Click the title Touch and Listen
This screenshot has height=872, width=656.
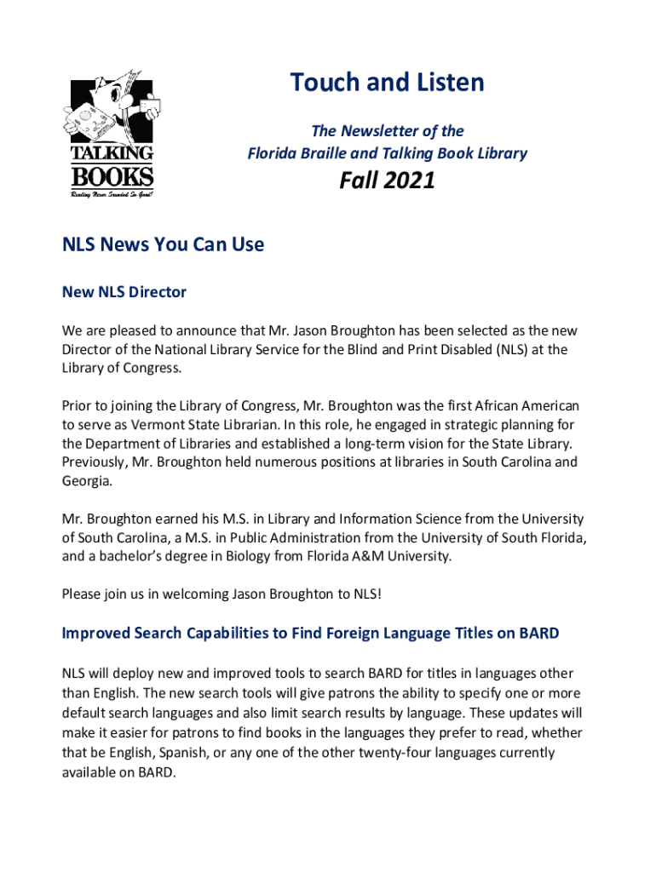click(x=387, y=83)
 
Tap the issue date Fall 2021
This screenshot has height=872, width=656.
click(x=387, y=181)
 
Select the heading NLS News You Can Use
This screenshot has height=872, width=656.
click(x=163, y=244)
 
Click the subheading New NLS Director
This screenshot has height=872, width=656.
click(x=124, y=292)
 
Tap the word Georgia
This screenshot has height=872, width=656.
click(x=86, y=481)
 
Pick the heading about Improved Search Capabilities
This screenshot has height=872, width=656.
click(x=311, y=633)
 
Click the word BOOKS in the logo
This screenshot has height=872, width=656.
click(x=112, y=177)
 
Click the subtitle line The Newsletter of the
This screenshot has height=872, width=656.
click(x=387, y=130)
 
